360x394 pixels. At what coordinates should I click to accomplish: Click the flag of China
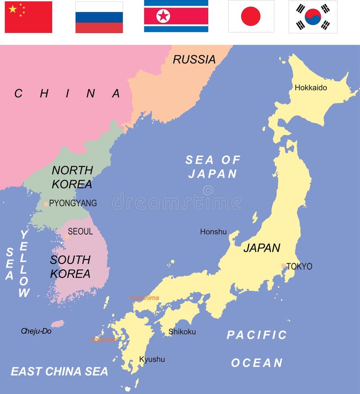tap(28, 17)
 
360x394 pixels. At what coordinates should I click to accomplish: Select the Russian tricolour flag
tap(99, 17)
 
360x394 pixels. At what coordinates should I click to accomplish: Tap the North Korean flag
tap(176, 16)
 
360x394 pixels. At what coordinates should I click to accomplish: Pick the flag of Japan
tap(251, 17)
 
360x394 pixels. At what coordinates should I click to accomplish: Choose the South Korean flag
tap(313, 17)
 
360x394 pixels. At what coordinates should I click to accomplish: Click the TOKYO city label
tap(299, 266)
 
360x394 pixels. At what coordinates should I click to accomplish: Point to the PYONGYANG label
tap(73, 203)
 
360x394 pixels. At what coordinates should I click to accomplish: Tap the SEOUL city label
tap(81, 232)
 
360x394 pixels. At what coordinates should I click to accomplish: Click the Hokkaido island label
tap(311, 88)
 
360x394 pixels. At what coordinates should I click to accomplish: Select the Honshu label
tap(213, 232)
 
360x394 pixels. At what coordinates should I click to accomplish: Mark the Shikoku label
tap(182, 332)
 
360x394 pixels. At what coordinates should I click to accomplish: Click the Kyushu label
tap(152, 359)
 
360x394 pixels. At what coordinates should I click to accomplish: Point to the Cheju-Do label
tap(36, 331)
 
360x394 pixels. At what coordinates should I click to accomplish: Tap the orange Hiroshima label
tap(144, 298)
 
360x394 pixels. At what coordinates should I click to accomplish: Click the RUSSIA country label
tap(194, 59)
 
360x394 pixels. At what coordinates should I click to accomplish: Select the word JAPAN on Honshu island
tap(262, 248)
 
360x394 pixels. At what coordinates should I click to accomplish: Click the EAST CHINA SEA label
tap(59, 372)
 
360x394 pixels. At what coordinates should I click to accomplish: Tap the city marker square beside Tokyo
tap(283, 266)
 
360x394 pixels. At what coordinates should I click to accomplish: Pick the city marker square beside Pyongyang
tap(46, 204)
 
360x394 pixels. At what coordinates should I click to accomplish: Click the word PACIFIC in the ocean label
tap(256, 335)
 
